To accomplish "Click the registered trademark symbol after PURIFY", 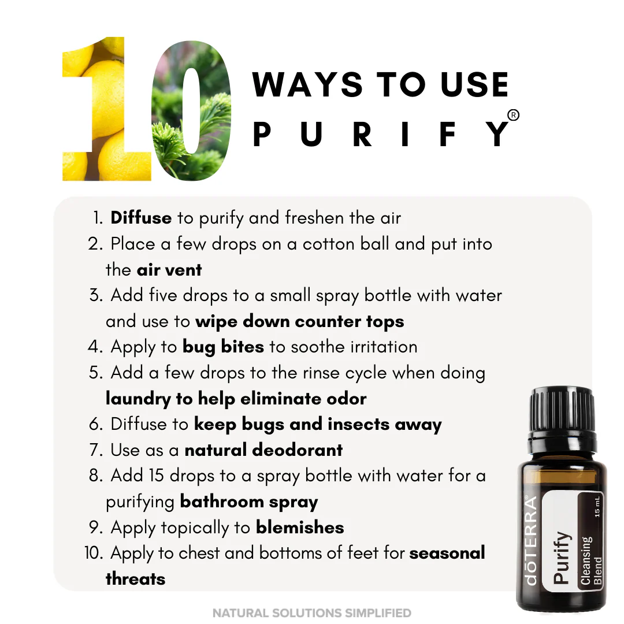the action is click(x=514, y=115).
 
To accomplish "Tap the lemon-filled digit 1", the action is click(x=107, y=109).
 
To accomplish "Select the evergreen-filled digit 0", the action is click(x=192, y=110).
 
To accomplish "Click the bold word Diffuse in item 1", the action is click(x=141, y=218).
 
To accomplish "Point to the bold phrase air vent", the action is click(x=169, y=270).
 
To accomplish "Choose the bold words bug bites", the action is click(x=223, y=347).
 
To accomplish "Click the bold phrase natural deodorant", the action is click(x=263, y=450).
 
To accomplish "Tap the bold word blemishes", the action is click(x=300, y=528).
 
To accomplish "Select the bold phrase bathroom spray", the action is click(x=248, y=502).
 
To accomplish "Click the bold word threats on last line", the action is click(x=135, y=578).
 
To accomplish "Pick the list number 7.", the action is click(x=96, y=450).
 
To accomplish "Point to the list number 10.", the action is click(x=93, y=553).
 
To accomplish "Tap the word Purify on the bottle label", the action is click(x=562, y=558).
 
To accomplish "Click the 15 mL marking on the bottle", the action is click(x=597, y=507).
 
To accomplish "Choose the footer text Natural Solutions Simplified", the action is click(x=311, y=613).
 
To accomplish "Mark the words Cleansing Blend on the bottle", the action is click(x=592, y=560).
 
